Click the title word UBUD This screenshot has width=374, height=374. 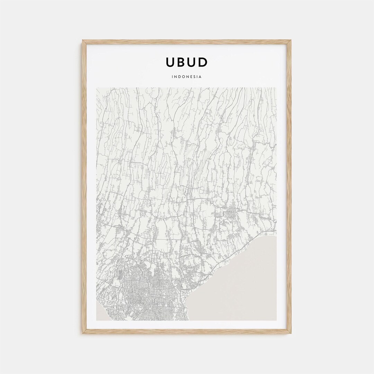pyautogui.click(x=187, y=62)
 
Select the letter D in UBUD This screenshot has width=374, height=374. pyautogui.click(x=203, y=62)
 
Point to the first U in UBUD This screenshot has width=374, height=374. pyautogui.click(x=170, y=62)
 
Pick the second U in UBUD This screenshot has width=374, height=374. pyautogui.click(x=192, y=62)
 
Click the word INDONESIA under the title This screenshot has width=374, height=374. pyautogui.click(x=187, y=77)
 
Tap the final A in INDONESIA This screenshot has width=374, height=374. pyautogui.click(x=200, y=77)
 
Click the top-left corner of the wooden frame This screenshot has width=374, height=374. pyautogui.click(x=83, y=41)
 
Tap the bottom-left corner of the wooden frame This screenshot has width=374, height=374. pyautogui.click(x=83, y=333)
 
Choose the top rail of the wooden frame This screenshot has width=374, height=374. pyautogui.click(x=187, y=42)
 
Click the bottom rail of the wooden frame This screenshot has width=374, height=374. pyautogui.click(x=187, y=331)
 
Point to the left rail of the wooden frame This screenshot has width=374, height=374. pyautogui.click(x=84, y=187)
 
